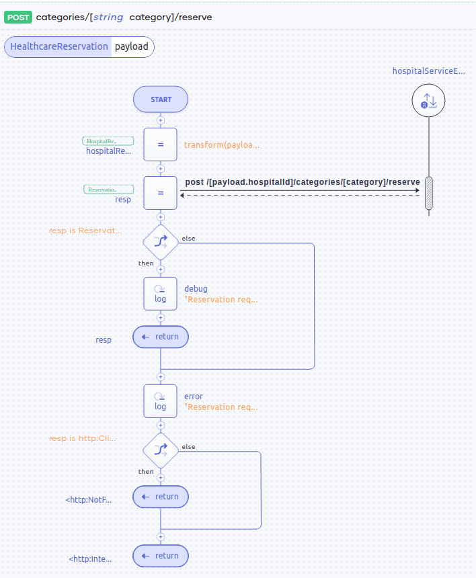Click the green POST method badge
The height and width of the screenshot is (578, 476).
click(18, 17)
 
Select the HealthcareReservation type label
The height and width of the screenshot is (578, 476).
click(59, 46)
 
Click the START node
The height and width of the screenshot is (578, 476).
click(161, 99)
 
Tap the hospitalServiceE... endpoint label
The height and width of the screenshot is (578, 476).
click(428, 71)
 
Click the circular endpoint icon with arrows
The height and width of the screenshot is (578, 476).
click(428, 101)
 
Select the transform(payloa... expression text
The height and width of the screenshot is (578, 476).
click(221, 144)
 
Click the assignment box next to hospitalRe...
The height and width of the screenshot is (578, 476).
click(161, 144)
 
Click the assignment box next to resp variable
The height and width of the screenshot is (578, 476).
click(161, 193)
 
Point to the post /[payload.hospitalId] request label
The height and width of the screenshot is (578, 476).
click(302, 182)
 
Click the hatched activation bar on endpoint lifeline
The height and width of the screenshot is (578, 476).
click(428, 194)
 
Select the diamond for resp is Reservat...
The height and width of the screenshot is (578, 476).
click(161, 241)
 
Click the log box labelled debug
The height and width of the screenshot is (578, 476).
click(161, 294)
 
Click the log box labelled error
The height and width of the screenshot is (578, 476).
click(161, 401)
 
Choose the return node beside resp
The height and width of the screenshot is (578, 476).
click(161, 337)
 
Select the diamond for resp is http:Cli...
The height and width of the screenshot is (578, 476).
click(161, 450)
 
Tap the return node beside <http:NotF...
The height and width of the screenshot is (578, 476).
click(161, 497)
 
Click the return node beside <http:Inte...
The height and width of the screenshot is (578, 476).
click(161, 556)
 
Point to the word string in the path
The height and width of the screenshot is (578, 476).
click(108, 17)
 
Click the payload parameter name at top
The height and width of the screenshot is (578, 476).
click(131, 46)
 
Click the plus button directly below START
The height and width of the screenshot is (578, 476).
click(161, 120)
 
